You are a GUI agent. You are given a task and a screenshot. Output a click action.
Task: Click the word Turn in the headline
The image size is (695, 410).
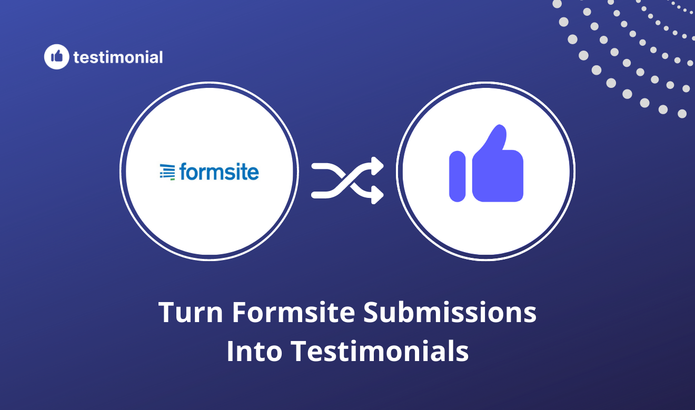pos(189,313)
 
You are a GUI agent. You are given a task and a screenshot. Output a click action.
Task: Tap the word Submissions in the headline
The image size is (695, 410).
pos(450,313)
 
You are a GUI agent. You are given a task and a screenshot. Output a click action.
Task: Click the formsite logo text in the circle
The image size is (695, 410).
pos(219,172)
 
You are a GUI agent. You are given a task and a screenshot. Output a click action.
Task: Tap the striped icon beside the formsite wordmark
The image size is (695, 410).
pos(167,172)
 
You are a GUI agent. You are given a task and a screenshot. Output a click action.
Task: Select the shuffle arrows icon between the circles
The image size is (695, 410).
pos(347,179)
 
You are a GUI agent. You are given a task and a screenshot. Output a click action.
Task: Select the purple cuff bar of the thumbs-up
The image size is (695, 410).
pos(457,176)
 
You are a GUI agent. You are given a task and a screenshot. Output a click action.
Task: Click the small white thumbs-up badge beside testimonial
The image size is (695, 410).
pos(56,57)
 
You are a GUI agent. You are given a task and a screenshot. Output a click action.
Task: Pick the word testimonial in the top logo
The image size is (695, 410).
pos(118,57)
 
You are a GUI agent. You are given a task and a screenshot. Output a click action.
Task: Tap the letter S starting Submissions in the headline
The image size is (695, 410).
pos(372,313)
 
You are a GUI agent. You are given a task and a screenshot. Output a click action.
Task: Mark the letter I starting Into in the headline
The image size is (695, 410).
pos(230,351)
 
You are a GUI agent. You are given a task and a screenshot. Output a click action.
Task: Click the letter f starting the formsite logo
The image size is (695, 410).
pos(183,171)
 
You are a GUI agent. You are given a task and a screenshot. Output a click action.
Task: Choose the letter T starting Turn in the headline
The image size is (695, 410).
pos(166,313)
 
